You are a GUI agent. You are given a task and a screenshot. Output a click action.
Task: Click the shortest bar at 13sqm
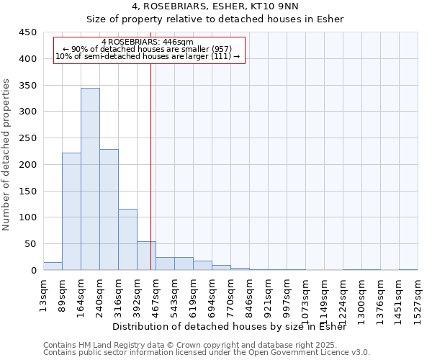(53, 266)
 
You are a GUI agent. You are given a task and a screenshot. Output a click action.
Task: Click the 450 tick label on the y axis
(28, 32)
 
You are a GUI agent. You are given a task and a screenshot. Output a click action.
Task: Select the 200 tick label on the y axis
(28, 164)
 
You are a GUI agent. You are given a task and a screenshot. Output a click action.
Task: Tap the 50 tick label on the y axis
(31, 243)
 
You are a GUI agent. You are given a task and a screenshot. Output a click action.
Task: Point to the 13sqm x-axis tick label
(44, 294)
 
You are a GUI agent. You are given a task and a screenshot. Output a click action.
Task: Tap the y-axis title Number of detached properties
(6, 155)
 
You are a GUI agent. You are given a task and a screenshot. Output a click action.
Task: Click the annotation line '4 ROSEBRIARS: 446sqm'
(148, 42)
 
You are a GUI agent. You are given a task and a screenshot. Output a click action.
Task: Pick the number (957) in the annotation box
(220, 49)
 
